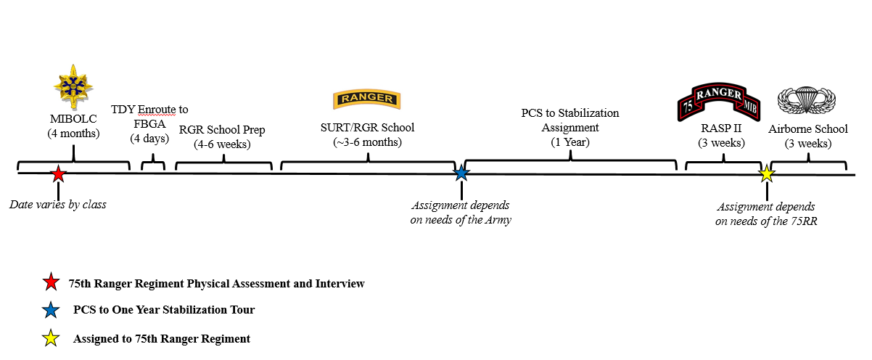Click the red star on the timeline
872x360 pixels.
(x=59, y=174)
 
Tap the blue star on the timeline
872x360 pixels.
(x=461, y=173)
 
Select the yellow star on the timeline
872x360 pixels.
(x=767, y=174)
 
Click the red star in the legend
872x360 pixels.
(x=51, y=283)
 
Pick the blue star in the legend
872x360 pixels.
(x=51, y=311)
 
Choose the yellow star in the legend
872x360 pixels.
(x=51, y=338)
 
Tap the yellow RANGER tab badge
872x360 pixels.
(x=367, y=99)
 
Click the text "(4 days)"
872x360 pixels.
(x=150, y=138)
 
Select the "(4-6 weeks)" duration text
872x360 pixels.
(x=222, y=144)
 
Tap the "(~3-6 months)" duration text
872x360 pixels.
(x=367, y=142)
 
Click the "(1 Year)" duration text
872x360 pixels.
(x=570, y=142)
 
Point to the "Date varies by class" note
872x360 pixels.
(x=58, y=205)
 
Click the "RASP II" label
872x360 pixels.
(x=721, y=129)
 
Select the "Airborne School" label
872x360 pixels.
(x=808, y=129)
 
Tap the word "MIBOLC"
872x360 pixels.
(x=73, y=118)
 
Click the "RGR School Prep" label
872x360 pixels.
(x=222, y=130)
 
